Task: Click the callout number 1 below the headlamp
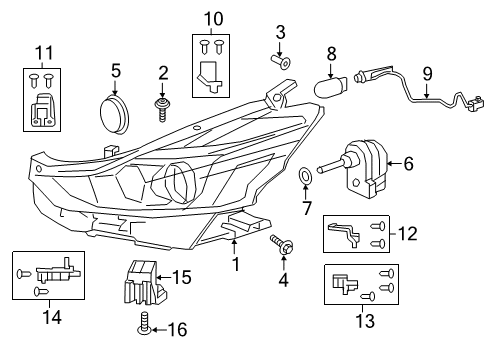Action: tap(236, 264)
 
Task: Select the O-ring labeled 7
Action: tap(304, 180)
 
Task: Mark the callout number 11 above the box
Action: tap(40, 52)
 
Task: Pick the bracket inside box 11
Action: tap(40, 115)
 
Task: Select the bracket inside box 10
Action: tap(209, 72)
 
